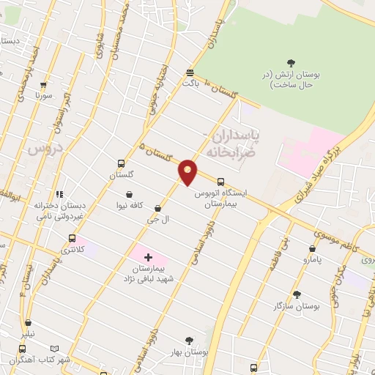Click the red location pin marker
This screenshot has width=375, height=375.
(188, 171)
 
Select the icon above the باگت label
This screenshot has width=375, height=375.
(190, 72)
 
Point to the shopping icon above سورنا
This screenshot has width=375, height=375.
(43, 85)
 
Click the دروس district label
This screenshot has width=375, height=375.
(42, 149)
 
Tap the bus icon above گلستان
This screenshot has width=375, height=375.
(121, 164)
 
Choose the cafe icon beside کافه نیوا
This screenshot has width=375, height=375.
(130, 195)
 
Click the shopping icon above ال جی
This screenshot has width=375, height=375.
(158, 209)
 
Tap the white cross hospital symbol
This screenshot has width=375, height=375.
(149, 256)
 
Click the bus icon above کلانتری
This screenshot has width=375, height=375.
(72, 238)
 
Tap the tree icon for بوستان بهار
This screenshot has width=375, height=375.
(190, 340)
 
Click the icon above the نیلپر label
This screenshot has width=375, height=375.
(28, 322)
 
